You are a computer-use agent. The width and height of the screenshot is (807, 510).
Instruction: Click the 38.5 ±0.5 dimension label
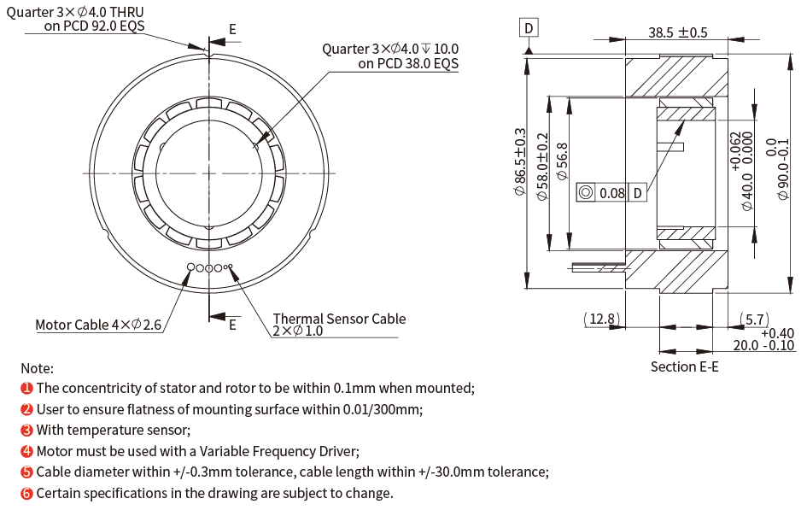(x=678, y=32)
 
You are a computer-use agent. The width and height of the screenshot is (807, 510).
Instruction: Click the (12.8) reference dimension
(x=602, y=319)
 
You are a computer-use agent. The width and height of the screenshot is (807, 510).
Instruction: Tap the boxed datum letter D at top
(x=529, y=28)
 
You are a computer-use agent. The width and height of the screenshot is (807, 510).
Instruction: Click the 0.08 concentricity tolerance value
(x=611, y=193)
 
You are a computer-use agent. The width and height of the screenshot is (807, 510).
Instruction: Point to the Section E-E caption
(x=684, y=366)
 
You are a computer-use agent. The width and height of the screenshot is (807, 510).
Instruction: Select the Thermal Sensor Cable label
(x=339, y=319)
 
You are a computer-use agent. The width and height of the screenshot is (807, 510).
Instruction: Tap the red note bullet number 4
(x=27, y=451)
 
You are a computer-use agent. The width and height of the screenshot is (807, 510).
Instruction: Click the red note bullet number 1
(x=27, y=388)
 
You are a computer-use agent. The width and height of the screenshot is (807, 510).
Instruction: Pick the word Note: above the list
(x=37, y=368)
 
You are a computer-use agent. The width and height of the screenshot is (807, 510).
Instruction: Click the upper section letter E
(x=232, y=29)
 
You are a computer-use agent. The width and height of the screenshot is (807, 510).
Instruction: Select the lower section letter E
(x=232, y=324)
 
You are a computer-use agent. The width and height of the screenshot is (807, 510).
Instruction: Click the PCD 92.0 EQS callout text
(x=94, y=26)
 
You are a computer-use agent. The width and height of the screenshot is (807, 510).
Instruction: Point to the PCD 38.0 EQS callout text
(x=408, y=63)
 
